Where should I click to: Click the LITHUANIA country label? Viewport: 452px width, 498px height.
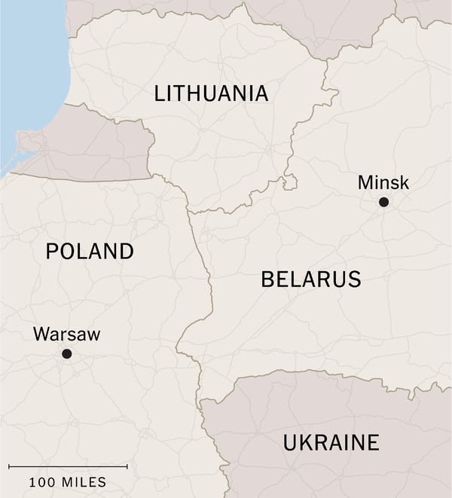click(211, 93)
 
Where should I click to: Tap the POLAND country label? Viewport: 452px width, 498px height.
click(90, 252)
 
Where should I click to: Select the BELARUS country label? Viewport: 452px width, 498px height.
click(311, 280)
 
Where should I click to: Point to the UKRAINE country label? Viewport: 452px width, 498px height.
click(331, 443)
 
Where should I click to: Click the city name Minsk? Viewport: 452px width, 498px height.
click(383, 182)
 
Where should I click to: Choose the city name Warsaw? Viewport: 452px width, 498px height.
click(66, 335)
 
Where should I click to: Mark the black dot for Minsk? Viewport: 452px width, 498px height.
click(383, 202)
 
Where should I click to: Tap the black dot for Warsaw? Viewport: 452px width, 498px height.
click(66, 353)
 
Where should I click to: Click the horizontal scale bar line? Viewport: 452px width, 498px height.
click(68, 466)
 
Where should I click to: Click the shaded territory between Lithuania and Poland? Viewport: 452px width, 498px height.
click(90, 147)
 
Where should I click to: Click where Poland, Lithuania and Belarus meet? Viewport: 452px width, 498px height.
click(188, 211)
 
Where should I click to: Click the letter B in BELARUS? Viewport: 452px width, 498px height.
click(267, 280)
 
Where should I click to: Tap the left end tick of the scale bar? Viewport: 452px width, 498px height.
click(9, 466)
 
